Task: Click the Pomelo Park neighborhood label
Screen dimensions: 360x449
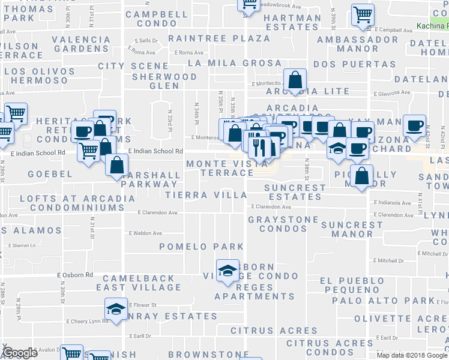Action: point(202,247)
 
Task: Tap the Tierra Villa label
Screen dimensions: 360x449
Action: point(206,195)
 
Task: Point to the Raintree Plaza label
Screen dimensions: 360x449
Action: point(219,38)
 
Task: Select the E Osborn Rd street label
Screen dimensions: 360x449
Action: point(75,275)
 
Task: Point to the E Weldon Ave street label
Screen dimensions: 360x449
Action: point(145,233)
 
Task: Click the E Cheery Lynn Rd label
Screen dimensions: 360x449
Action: point(88,321)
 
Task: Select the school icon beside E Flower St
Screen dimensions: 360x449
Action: point(116,309)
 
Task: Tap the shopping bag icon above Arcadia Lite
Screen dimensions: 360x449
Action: point(295,80)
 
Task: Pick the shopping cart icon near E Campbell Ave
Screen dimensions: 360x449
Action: point(363,14)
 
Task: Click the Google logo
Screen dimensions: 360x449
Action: point(20,353)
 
